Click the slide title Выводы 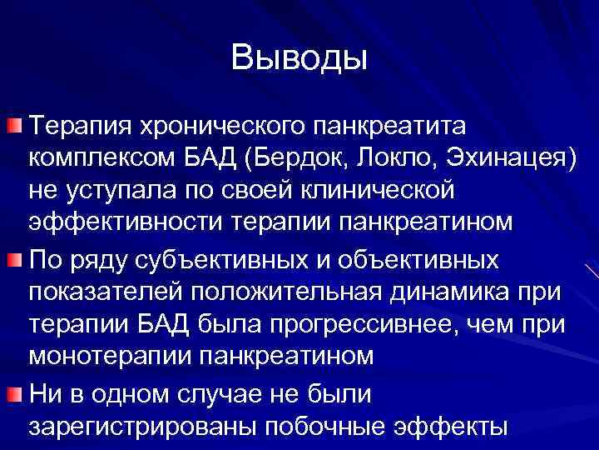(x=299, y=57)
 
